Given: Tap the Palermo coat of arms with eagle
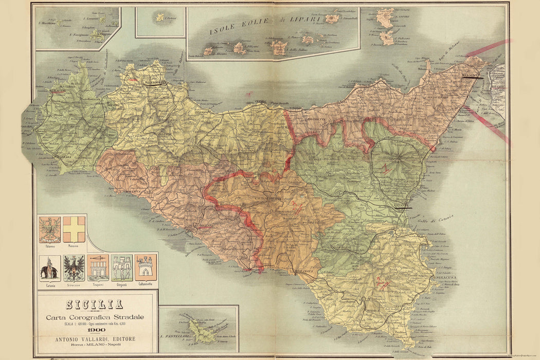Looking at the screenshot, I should click(x=50, y=229).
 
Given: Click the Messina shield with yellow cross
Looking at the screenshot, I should click(x=74, y=229).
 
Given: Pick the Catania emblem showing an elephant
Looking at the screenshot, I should click(x=50, y=267).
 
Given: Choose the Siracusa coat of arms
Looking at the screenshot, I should click(x=74, y=267).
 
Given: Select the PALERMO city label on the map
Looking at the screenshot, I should click(x=155, y=82).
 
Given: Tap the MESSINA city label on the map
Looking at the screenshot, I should click(x=470, y=76).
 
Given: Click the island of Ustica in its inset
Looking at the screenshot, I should click(x=160, y=17).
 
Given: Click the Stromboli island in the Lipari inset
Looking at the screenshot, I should click(x=332, y=19).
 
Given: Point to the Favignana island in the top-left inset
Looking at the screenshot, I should click(x=96, y=35).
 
